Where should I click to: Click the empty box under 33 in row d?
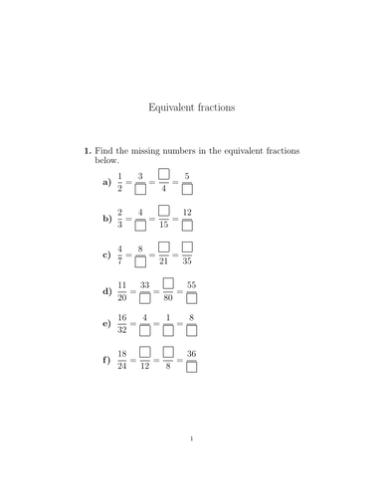click(144, 297)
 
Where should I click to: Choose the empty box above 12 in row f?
click(144, 352)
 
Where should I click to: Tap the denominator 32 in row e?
click(121, 330)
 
